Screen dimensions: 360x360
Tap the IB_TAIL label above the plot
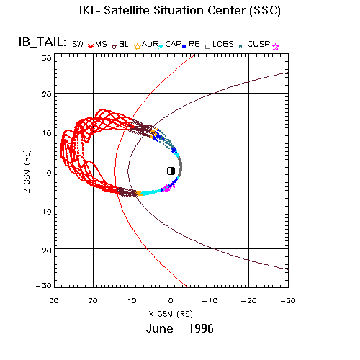pyautogui.click(x=42, y=42)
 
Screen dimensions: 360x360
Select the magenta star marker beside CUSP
pyautogui.click(x=276, y=47)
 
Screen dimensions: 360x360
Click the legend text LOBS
pyautogui.click(x=223, y=44)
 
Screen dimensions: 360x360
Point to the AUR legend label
pyautogui.click(x=150, y=44)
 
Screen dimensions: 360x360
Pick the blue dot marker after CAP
pyautogui.click(x=184, y=47)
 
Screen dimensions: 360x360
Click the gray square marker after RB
pyautogui.click(x=208, y=47)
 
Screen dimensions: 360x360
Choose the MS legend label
pyautogui.click(x=101, y=44)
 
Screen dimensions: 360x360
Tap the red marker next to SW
pyautogui.click(x=90, y=45)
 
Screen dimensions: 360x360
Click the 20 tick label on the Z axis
pyautogui.click(x=47, y=94)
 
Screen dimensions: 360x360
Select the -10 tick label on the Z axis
pyautogui.click(x=44, y=212)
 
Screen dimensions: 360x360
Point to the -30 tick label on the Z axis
pyautogui.click(x=44, y=285)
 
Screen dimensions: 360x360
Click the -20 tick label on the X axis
pyautogui.click(x=249, y=300)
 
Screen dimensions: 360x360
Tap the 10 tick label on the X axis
pyautogui.click(x=132, y=300)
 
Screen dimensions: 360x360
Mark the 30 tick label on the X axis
pyautogui.click(x=54, y=300)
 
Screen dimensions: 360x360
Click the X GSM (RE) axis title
pyautogui.click(x=171, y=314)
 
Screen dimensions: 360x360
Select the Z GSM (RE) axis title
pyautogui.click(x=27, y=171)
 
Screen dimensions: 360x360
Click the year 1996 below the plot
pyautogui.click(x=201, y=328)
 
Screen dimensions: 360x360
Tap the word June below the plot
pyautogui.click(x=159, y=328)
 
